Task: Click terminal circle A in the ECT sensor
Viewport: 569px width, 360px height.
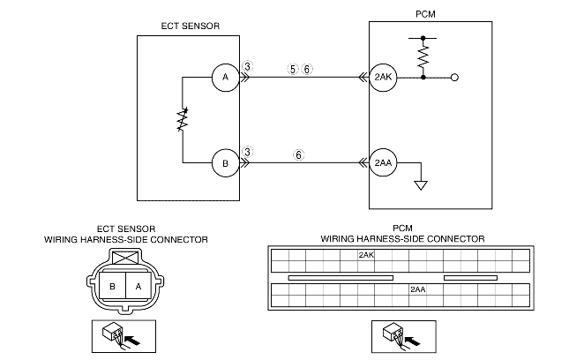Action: click(225, 78)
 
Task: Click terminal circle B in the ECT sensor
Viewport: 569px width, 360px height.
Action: click(225, 163)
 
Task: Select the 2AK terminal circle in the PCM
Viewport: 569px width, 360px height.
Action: click(383, 78)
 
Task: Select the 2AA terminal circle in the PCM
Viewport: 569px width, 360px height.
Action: click(383, 163)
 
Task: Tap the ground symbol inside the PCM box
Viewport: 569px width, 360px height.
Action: click(422, 184)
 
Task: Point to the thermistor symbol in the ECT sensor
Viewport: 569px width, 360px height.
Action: click(183, 121)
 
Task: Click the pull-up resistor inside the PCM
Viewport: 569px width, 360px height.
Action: click(423, 57)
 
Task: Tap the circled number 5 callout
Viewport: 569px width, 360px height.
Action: click(293, 68)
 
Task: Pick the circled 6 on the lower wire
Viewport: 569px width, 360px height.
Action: click(299, 154)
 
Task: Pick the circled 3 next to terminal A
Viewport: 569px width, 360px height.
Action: click(249, 67)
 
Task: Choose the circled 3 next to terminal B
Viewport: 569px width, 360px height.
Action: click(249, 153)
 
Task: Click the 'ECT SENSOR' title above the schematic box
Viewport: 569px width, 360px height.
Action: click(189, 26)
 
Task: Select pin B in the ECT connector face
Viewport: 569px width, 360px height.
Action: click(113, 287)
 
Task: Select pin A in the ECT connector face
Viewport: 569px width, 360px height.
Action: click(138, 287)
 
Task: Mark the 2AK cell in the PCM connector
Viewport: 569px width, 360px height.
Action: click(367, 256)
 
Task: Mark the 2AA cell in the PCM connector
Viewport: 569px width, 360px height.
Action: click(418, 289)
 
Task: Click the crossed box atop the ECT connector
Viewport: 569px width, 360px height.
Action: click(125, 258)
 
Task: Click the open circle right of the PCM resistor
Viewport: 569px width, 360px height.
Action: click(454, 78)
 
